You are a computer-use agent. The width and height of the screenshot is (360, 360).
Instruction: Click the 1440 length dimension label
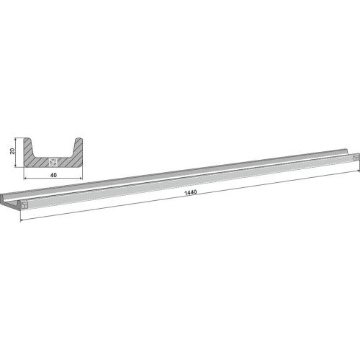pos(190,192)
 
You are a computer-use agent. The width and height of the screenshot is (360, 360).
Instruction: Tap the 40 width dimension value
pos(53,175)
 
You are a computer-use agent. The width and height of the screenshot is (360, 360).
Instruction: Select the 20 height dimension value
pos(12,151)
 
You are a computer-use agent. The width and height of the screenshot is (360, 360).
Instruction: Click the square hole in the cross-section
pos(53,162)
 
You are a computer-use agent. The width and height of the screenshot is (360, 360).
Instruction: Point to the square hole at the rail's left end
pos(24,205)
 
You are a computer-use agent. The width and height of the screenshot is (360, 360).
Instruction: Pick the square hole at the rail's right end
pos(356,158)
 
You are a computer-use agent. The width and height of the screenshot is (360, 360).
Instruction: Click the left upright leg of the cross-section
pos(29,148)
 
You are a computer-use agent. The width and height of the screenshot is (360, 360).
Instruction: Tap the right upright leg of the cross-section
pos(77,148)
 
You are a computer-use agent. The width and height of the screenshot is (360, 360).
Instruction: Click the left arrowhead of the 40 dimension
pos(25,179)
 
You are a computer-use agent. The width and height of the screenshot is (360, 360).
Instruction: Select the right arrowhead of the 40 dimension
pos(81,179)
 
